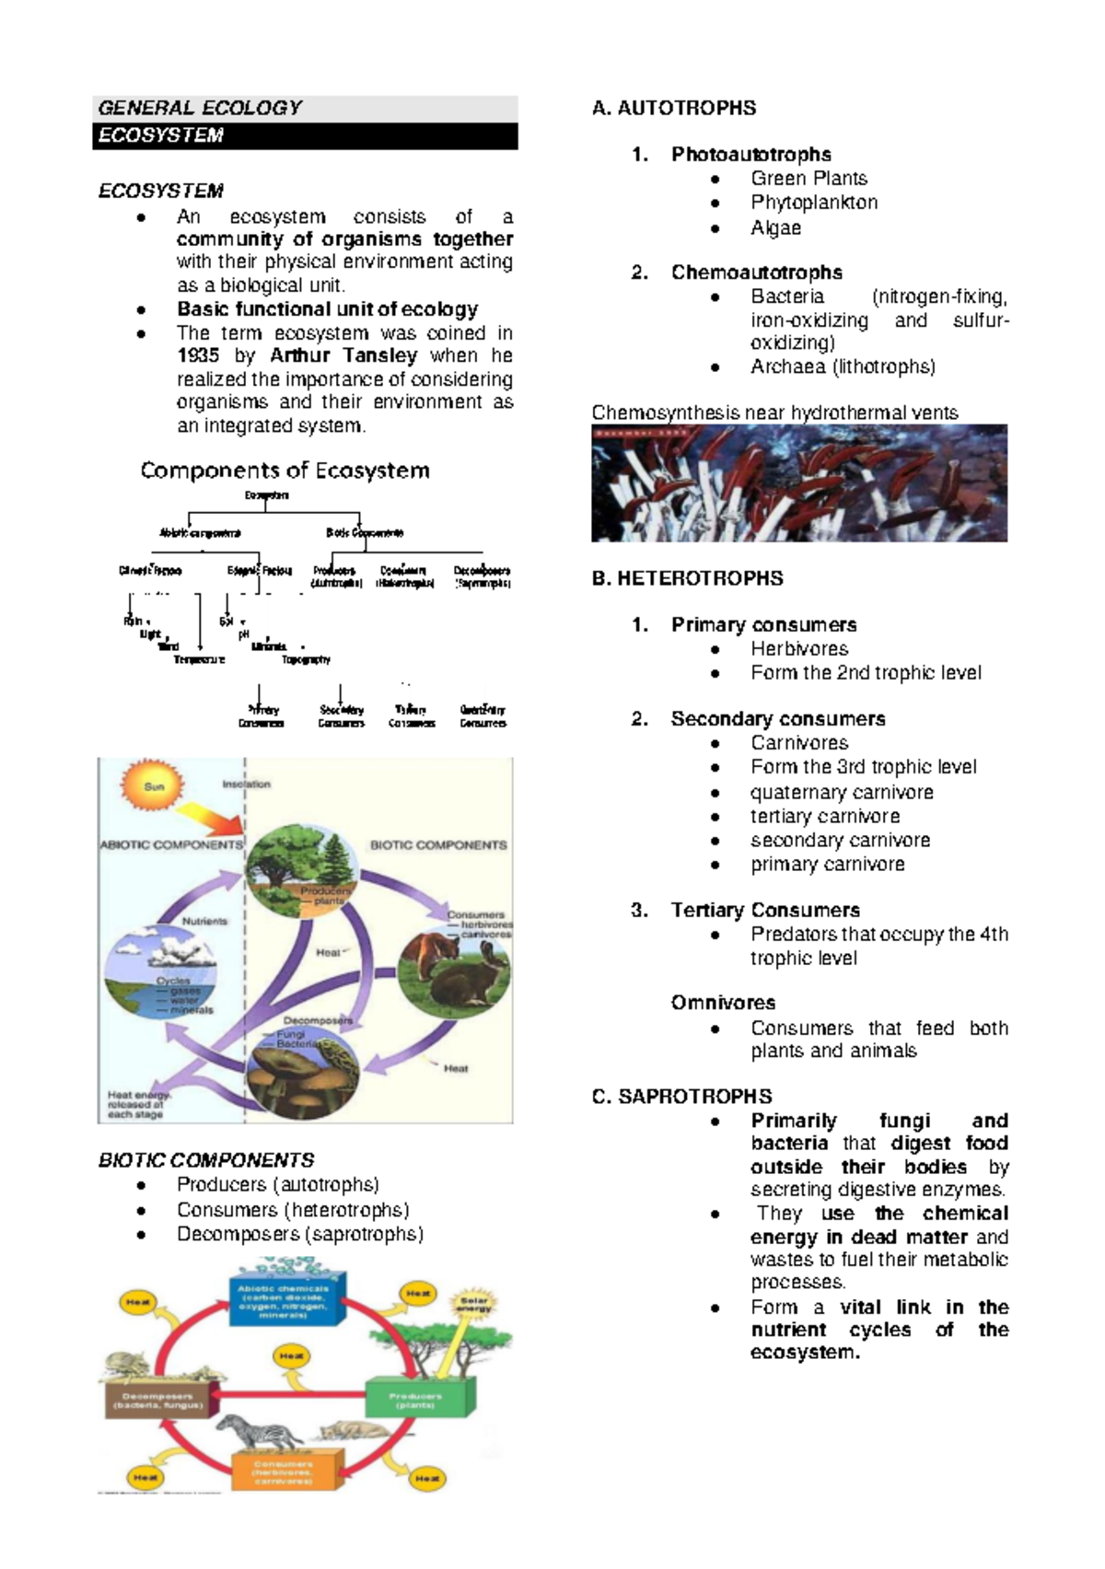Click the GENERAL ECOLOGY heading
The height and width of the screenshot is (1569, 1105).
coord(200,108)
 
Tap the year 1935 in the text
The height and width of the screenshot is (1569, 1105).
coord(198,355)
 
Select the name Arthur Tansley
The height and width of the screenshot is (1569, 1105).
coord(343,355)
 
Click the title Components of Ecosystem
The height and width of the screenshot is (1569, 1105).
coord(285,471)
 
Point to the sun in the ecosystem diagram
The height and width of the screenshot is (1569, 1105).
coord(153,787)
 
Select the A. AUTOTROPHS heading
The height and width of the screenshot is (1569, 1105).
coord(674,108)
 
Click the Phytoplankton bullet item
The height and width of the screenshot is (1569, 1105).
coord(814,203)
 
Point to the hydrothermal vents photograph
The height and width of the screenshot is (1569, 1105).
coord(799,482)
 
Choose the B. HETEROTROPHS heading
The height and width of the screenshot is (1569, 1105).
coord(688,578)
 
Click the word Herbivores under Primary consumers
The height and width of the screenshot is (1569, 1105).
coord(799,649)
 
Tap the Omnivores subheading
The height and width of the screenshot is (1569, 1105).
coord(723,1003)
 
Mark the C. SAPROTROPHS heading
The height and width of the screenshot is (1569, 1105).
coord(682,1097)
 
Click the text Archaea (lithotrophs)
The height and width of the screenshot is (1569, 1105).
coord(843,366)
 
